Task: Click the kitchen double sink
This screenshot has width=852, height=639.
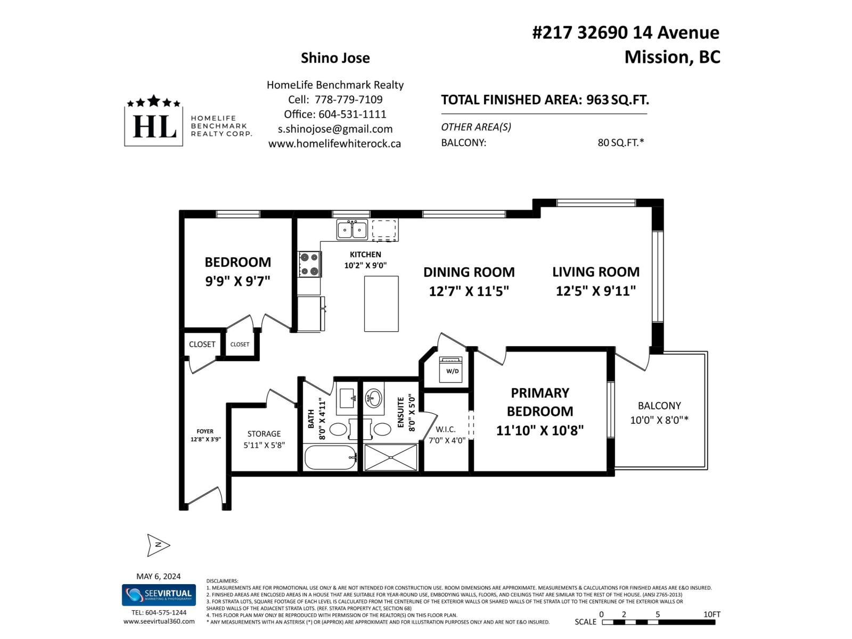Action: [x=352, y=230]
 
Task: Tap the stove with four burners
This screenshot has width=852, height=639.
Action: [x=309, y=265]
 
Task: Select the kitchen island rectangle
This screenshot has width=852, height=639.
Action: [x=381, y=304]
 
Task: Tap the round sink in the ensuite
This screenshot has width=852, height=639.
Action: [x=374, y=397]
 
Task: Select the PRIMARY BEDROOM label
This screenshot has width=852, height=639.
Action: [x=540, y=402]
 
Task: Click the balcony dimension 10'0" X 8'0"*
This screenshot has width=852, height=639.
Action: [x=659, y=420]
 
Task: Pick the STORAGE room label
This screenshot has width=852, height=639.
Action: [x=264, y=434]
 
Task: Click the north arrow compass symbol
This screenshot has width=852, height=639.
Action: [x=158, y=545]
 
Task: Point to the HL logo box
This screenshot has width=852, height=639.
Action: [x=154, y=126]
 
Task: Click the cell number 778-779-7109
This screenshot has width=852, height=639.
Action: [x=348, y=100]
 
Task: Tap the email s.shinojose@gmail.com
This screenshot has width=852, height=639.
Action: [x=335, y=129]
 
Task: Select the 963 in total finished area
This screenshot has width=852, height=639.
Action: [x=597, y=100]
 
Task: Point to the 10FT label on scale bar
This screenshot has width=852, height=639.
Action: [x=711, y=614]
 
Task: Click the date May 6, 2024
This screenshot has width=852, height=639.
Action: [x=158, y=576]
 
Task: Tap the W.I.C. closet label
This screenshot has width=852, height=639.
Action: [x=445, y=429]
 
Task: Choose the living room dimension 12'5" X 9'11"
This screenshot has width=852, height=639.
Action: [x=596, y=291]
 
